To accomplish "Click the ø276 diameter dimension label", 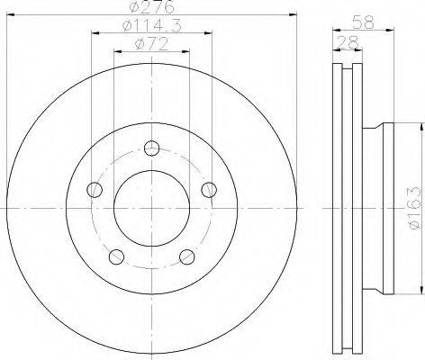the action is coord(152,6).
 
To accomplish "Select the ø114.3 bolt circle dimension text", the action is coord(152,26).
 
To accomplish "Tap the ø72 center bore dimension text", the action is coord(151,44).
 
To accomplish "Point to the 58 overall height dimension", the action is coord(363,22).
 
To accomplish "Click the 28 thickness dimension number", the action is coord(348,42).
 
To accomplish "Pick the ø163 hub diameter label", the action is coord(416,208).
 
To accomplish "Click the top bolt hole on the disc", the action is coord(151,148).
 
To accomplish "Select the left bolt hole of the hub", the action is coord(95,190).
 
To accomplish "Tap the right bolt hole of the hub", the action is coord(209,190).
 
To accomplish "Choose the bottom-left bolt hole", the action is coord(116,256).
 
